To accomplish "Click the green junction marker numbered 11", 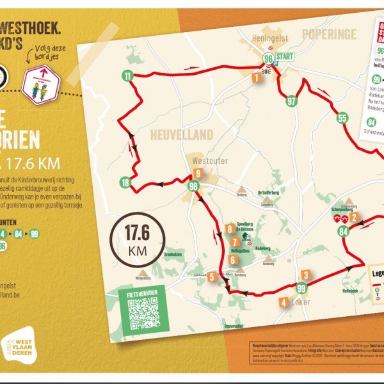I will (x=128, y=77).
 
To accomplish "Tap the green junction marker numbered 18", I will (x=125, y=184).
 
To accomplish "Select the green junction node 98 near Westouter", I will (x=193, y=186).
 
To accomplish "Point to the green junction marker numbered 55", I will (x=342, y=118).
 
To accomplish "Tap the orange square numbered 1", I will (x=256, y=78).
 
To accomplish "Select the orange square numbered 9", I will (x=198, y=173).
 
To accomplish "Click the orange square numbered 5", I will (x=212, y=276).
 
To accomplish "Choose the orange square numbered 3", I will (x=307, y=275).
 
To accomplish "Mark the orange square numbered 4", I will (x=283, y=302).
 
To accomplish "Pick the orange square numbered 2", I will (x=353, y=217).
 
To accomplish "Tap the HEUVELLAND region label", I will (x=172, y=135).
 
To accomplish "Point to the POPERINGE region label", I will (x=326, y=34).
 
